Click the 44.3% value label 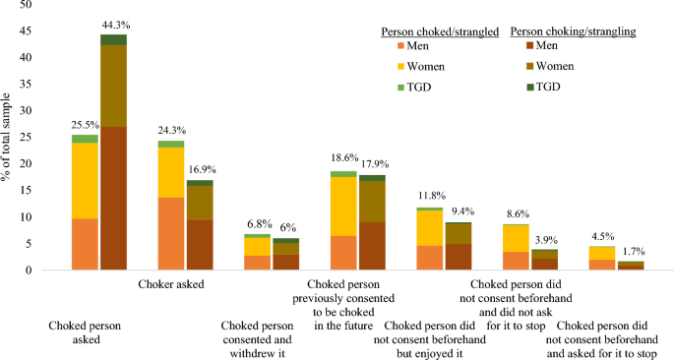114,24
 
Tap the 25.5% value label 85,125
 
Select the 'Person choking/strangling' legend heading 572,31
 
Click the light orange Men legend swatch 399,45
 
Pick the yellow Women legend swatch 399,67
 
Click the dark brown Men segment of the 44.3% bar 114,198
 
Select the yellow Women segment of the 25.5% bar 86,181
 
